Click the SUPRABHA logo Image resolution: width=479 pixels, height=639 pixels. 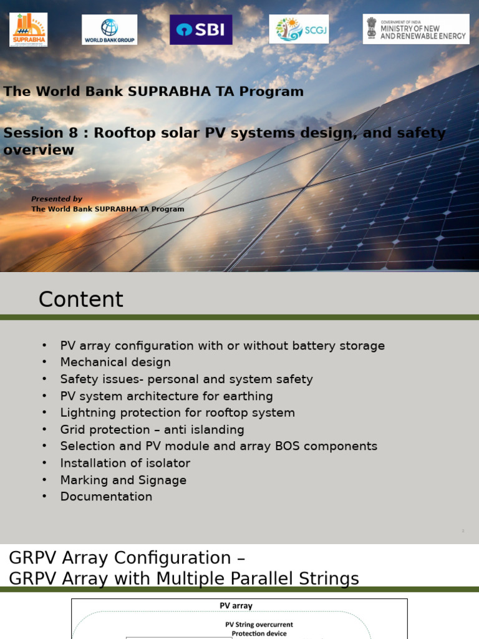click(28, 29)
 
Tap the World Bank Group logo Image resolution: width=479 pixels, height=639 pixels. click(109, 30)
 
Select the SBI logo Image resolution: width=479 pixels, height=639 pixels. click(201, 30)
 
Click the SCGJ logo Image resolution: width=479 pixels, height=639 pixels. click(299, 29)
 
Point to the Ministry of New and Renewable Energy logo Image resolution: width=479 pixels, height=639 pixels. click(416, 29)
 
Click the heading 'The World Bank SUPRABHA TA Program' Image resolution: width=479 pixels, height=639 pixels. click(153, 92)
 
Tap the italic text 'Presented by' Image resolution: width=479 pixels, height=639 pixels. click(57, 199)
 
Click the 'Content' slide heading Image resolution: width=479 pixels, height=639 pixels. click(81, 300)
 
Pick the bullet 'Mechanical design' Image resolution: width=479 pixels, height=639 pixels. click(115, 363)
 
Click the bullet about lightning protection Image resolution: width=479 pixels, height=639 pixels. click(177, 413)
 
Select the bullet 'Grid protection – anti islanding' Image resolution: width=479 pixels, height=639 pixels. click(152, 430)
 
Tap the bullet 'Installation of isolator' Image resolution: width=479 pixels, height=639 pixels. click(125, 463)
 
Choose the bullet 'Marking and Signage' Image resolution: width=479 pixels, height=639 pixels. click(123, 480)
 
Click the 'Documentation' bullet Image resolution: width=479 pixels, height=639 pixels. click(106, 497)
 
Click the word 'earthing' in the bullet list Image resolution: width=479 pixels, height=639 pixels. click(249, 396)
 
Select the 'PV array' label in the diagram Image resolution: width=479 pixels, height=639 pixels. click(236, 605)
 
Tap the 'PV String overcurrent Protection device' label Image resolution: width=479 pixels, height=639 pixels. click(259, 628)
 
